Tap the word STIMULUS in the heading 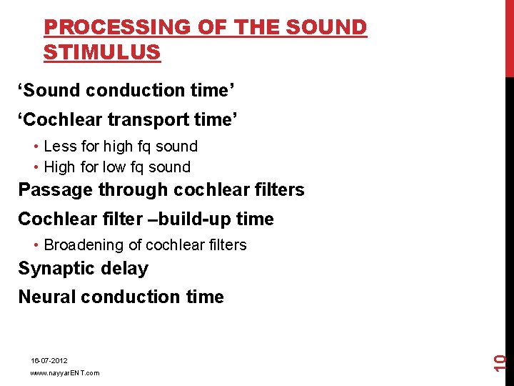click(x=101, y=52)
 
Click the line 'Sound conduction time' click(x=127, y=91)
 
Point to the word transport click(x=147, y=120)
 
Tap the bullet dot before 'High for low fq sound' click(x=36, y=167)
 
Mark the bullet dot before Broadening click(x=36, y=245)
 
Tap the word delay click(x=124, y=269)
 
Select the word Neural click(x=47, y=297)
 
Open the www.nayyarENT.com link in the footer click(x=65, y=373)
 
